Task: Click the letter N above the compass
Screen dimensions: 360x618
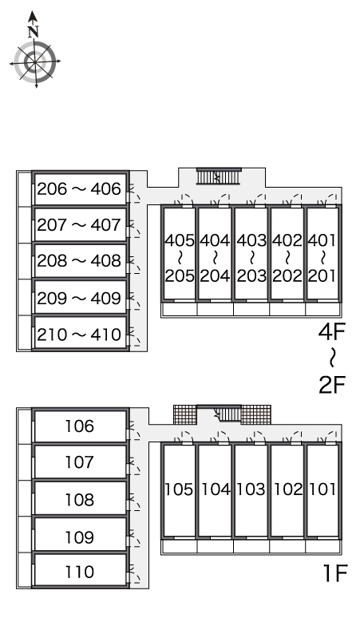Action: click(34, 31)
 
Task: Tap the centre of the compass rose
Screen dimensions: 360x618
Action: click(35, 62)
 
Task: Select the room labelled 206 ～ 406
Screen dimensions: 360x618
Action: click(80, 188)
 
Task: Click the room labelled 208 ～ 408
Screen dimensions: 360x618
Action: click(80, 261)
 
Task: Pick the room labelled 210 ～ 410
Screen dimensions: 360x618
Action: click(80, 334)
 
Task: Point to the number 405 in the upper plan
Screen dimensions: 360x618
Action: click(180, 240)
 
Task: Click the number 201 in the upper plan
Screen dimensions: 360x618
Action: click(322, 276)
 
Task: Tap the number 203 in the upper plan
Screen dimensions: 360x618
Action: click(251, 276)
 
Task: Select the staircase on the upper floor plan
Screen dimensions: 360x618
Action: click(219, 176)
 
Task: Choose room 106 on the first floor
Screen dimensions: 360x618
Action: click(80, 426)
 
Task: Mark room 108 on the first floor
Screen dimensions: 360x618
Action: click(80, 498)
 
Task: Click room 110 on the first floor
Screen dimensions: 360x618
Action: click(80, 571)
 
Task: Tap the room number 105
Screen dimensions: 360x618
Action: click(180, 489)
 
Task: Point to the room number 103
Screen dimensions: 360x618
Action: click(251, 489)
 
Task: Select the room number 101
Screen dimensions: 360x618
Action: click(322, 489)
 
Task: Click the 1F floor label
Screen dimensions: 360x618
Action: click(334, 573)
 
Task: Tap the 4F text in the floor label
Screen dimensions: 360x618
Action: click(331, 332)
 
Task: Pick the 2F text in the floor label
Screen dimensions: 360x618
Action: click(331, 385)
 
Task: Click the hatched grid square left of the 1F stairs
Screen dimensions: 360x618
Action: click(185, 414)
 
